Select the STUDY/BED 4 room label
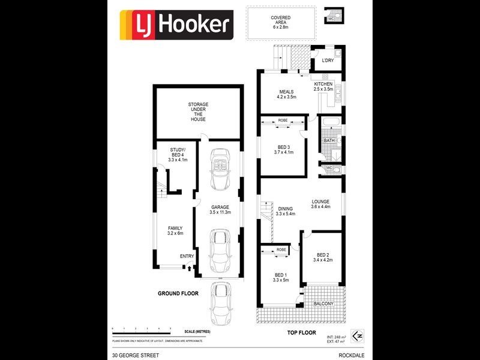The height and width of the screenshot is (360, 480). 178,155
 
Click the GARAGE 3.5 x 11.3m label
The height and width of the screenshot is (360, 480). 220,209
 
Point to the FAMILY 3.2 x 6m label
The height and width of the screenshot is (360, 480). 175,230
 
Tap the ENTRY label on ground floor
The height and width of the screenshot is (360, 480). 187,257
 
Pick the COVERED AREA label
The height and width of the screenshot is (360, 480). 281,23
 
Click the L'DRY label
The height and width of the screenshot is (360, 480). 327,61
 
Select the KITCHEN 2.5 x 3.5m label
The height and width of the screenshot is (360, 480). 323,86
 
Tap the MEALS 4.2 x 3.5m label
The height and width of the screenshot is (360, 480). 286,94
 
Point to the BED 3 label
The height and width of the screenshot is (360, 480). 284,149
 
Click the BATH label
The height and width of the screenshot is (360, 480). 328,141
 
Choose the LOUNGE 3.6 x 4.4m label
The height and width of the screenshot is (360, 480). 320,205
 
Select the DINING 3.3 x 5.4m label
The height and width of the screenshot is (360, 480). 286,211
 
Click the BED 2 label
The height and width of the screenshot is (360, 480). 323,257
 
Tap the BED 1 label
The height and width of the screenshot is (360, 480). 281,277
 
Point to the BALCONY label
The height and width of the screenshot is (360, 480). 324,304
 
